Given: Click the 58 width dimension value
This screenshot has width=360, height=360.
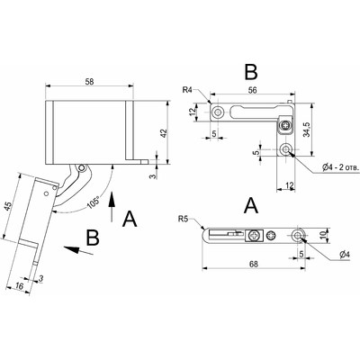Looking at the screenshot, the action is click(x=89, y=81).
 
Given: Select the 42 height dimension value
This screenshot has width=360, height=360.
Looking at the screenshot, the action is click(x=164, y=133).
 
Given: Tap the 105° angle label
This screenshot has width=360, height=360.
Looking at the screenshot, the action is click(x=94, y=202).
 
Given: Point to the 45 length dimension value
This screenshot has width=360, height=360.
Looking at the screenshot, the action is click(x=9, y=206).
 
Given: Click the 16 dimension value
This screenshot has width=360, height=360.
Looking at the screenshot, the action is click(x=19, y=286).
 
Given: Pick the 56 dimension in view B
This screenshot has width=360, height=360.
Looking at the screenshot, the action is click(x=253, y=90).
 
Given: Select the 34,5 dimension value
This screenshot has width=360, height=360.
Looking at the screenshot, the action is click(x=306, y=130).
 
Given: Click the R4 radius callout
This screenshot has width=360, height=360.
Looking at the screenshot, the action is click(x=188, y=90).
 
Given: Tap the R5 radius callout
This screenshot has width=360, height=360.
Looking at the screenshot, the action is click(x=184, y=219).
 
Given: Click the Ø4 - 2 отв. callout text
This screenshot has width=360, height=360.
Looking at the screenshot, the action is click(x=340, y=167).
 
